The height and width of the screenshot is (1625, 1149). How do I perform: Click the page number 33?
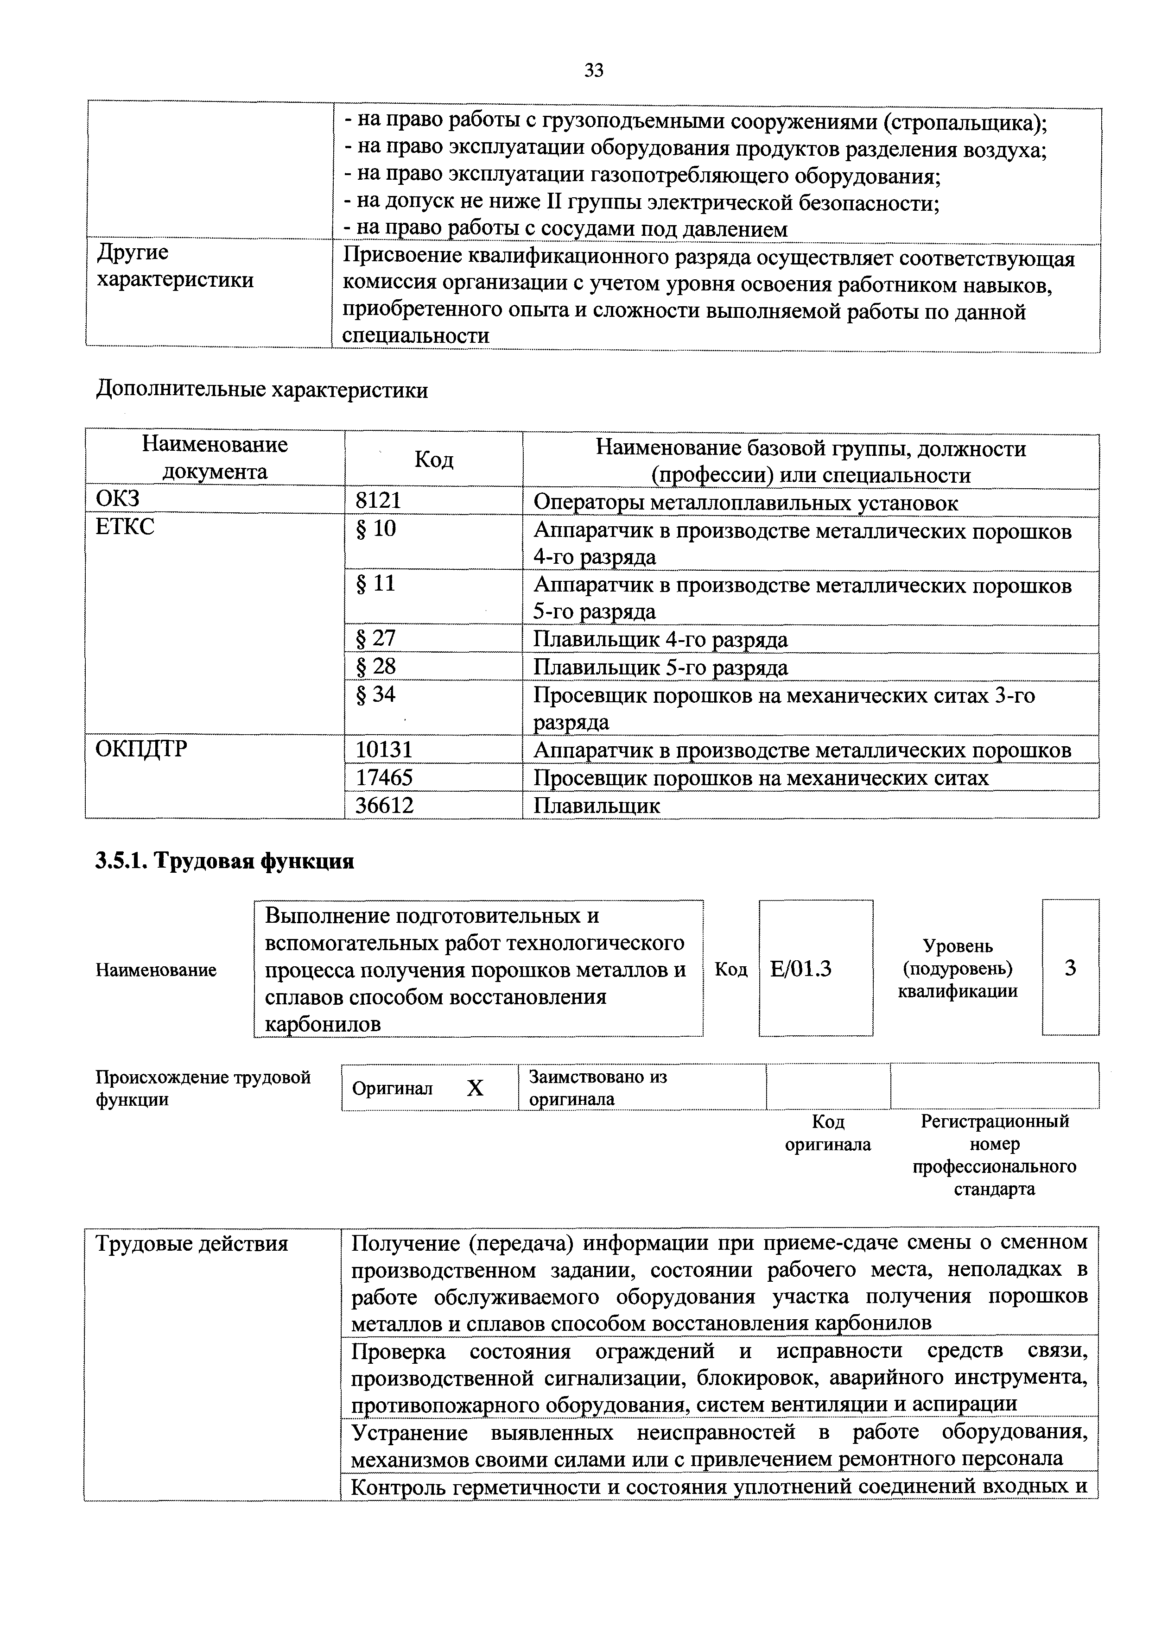tap(593, 70)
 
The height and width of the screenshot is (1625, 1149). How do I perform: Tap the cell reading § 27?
tap(375, 638)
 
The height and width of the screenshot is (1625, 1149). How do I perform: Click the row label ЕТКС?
tap(125, 527)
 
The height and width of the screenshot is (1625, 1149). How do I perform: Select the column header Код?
tap(433, 460)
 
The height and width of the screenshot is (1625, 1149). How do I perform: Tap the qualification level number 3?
tap(1070, 968)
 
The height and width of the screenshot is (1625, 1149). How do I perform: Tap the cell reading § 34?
tap(375, 694)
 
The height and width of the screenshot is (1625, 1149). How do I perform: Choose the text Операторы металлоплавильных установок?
tap(745, 503)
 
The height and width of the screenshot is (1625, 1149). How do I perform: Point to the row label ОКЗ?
tap(118, 499)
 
